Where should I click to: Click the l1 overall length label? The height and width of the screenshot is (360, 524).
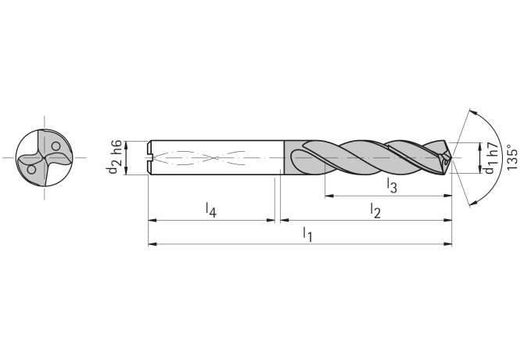tap(308, 234)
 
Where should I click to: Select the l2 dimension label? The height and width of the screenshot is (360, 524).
tap(375, 210)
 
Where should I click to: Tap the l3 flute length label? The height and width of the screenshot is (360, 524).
tap(392, 185)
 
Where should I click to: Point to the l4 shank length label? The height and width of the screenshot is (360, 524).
tap(210, 210)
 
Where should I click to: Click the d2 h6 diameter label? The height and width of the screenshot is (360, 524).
tap(115, 158)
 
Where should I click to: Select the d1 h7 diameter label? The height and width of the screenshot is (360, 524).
tap(490, 158)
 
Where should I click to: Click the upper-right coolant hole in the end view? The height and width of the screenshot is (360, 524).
tap(56, 146)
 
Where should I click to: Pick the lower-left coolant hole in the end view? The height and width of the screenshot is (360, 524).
tap(31, 169)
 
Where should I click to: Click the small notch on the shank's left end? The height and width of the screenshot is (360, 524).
tap(151, 159)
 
